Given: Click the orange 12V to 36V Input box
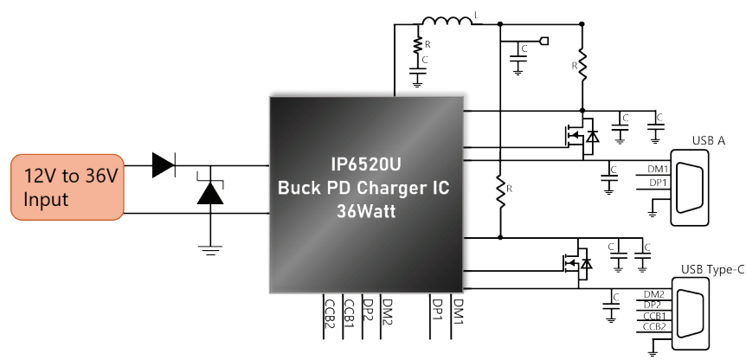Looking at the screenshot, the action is click(68, 187).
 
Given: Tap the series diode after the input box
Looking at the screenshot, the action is click(164, 165).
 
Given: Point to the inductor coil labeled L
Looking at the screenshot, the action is click(447, 22).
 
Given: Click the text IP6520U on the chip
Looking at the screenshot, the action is click(366, 164).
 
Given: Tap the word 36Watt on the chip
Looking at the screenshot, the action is click(366, 210).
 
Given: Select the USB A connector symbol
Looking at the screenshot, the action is click(690, 188).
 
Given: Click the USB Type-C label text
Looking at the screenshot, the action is click(713, 270).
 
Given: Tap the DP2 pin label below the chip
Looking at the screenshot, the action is click(367, 310).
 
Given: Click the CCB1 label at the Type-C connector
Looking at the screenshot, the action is click(654, 316).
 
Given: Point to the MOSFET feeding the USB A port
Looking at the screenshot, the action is click(582, 137).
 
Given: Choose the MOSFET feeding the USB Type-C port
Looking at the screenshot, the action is click(577, 263).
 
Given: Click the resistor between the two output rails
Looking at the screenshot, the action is click(500, 190).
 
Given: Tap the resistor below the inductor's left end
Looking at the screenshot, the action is click(417, 44).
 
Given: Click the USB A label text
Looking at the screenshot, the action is click(709, 141).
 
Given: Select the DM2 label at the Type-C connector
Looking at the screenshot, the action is click(653, 294).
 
